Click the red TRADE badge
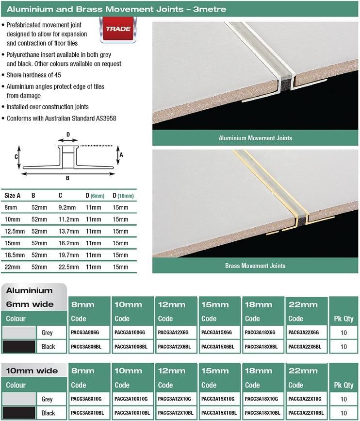(118, 29)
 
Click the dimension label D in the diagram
(68, 135)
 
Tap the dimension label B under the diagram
(67, 178)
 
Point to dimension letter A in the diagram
(121, 154)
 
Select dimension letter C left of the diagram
(16, 157)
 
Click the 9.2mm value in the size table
(67, 207)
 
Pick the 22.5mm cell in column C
(68, 267)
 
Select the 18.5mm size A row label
(13, 255)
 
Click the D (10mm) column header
(123, 196)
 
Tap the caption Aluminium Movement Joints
(255, 138)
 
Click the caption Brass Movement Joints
(255, 266)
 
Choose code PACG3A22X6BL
(306, 347)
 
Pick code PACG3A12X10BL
(174, 413)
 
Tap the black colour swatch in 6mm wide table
(19, 347)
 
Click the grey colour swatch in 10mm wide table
(19, 399)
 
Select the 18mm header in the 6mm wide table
(258, 304)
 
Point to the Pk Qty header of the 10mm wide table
(344, 385)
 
